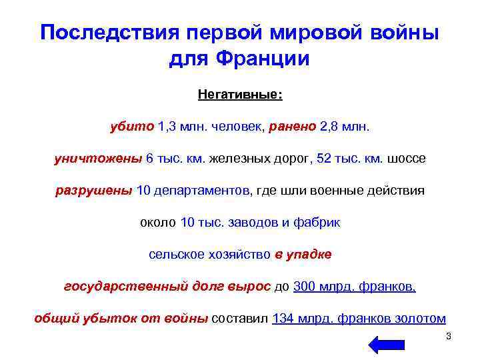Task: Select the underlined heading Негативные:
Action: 240,95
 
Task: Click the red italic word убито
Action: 132,127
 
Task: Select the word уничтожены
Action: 97,159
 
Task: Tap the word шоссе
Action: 405,159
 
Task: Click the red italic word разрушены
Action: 93,191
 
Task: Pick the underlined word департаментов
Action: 202,191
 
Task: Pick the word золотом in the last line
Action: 420,319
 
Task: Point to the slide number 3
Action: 449,336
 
